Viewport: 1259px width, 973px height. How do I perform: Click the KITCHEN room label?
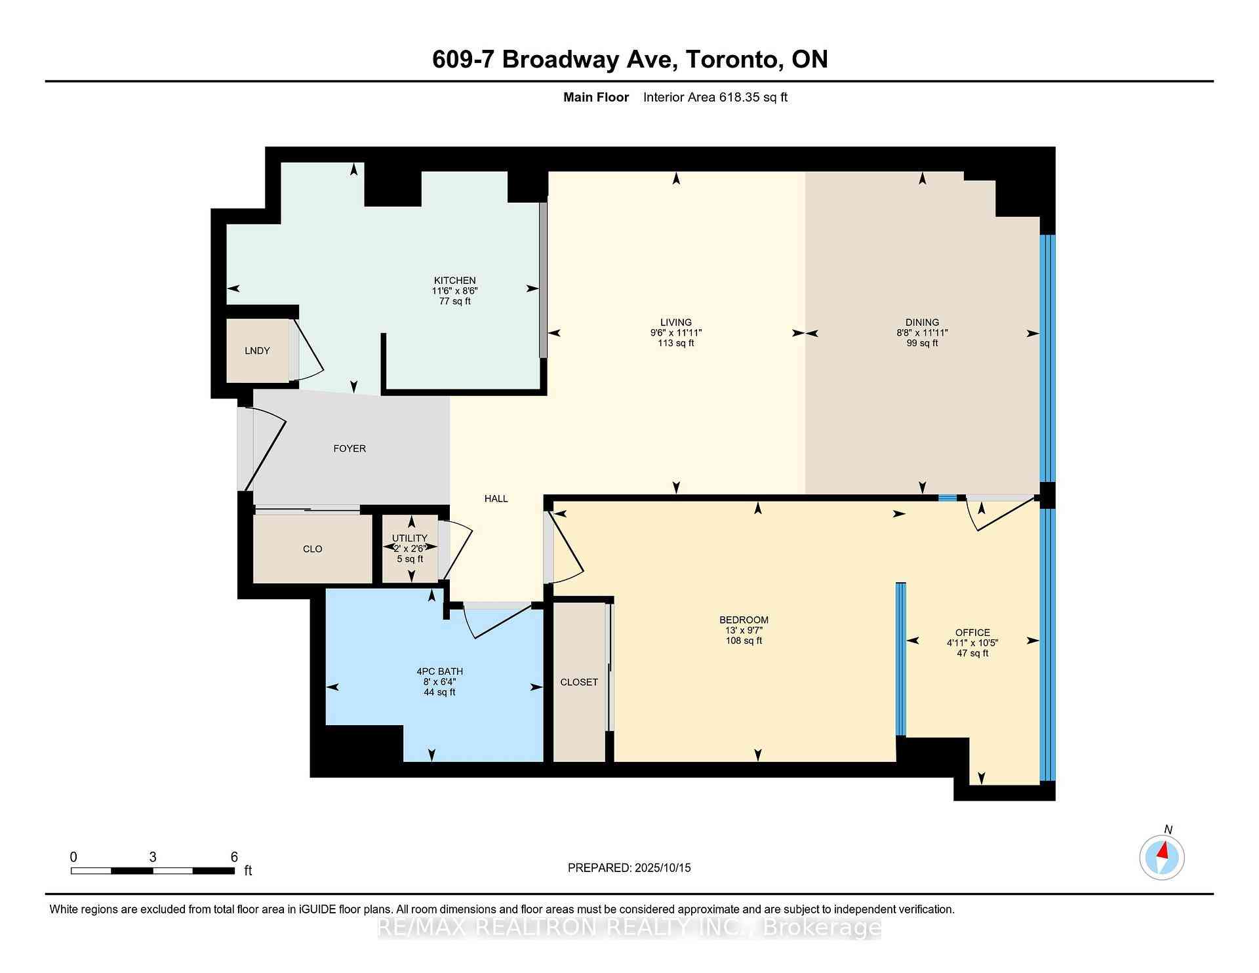pos(454,281)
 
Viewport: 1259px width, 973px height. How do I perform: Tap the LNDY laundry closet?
pos(257,351)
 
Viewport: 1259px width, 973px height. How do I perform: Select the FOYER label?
pos(350,448)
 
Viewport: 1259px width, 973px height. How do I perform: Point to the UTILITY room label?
pos(410,538)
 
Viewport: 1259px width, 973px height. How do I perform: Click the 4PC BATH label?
pos(439,671)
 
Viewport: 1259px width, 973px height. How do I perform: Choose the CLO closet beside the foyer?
pos(313,549)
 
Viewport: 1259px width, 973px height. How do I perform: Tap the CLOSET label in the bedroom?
pos(579,683)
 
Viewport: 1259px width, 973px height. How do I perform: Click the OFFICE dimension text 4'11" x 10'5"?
pos(972,643)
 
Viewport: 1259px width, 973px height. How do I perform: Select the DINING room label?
pos(922,322)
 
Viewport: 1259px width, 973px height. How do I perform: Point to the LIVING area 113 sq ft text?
pos(676,343)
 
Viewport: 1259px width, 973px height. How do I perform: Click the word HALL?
pos(496,498)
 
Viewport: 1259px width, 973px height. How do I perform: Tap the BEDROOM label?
pos(744,620)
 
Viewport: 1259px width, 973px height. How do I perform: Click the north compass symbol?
pos(1162,857)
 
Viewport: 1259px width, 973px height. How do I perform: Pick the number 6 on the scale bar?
pos(234,857)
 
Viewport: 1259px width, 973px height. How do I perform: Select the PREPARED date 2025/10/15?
pos(663,868)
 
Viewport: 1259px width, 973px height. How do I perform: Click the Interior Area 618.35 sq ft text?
pos(715,98)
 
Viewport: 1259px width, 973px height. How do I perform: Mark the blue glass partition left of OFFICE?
pos(901,659)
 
